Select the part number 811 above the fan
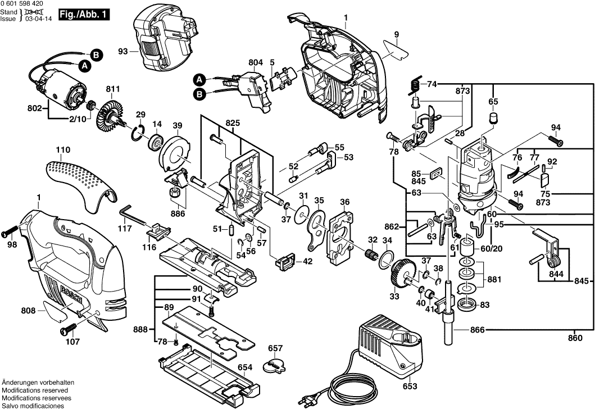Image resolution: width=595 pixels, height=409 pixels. pos(113,89)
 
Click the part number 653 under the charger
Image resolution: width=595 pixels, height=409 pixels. pos(411,387)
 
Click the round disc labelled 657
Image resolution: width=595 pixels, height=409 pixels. pos(275,366)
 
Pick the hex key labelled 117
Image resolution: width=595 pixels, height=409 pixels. pos(128,215)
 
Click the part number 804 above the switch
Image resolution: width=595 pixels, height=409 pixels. pos(255,62)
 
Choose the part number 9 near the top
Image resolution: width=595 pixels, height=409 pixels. pos(396,34)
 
